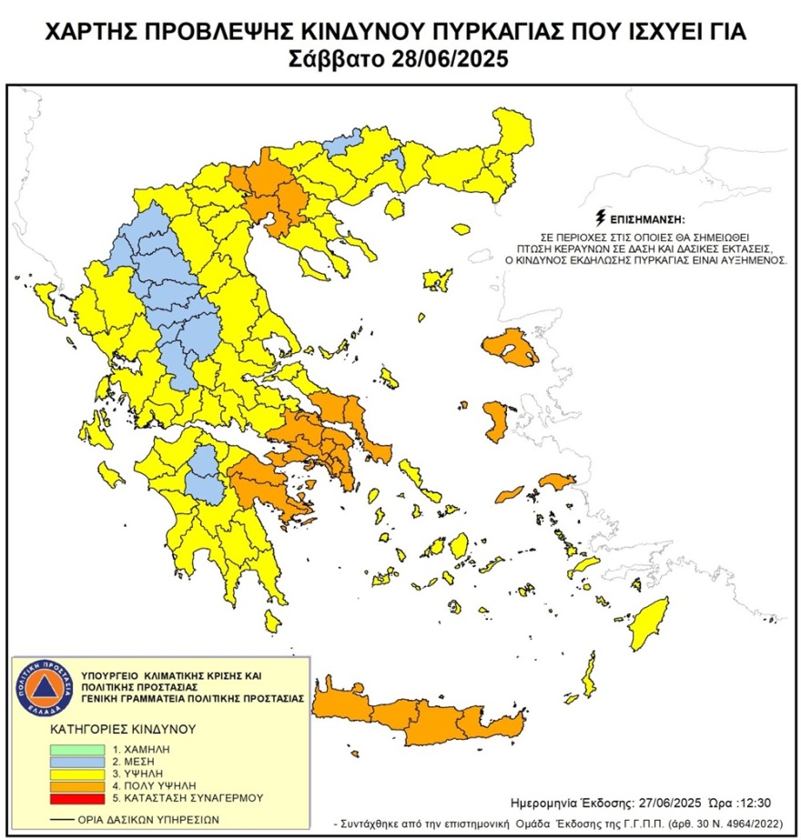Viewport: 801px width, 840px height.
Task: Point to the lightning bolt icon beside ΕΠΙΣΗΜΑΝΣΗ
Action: click(600, 218)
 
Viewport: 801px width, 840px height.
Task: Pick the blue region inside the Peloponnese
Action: click(207, 473)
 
